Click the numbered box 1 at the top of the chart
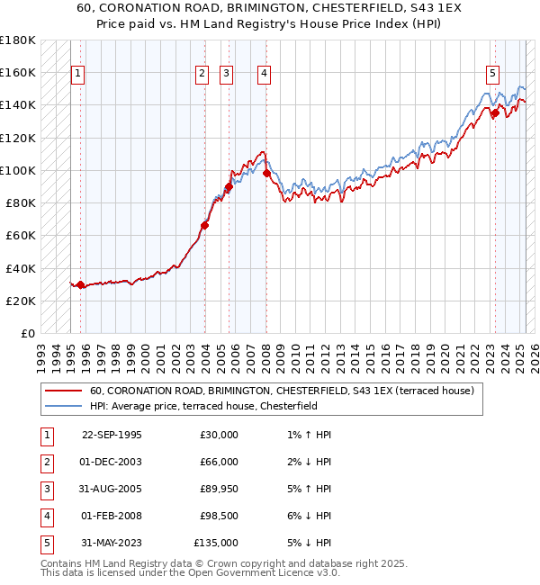click(78, 74)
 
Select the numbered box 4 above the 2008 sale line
click(265, 74)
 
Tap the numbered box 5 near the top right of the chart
click(493, 74)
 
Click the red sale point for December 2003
click(205, 225)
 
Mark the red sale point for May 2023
click(495, 112)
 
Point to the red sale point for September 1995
click(81, 284)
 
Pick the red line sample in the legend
click(66, 391)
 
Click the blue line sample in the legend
click(66, 406)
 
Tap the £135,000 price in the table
click(216, 543)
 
